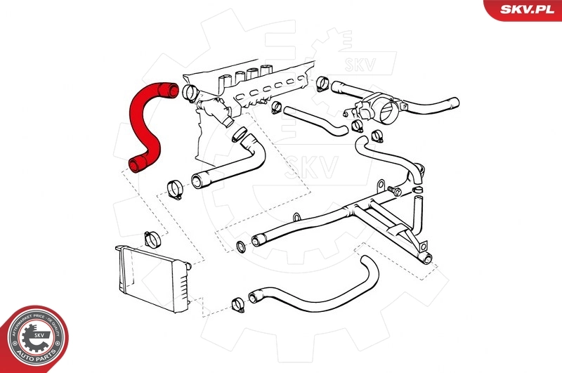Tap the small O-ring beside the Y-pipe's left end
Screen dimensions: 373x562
(240, 246)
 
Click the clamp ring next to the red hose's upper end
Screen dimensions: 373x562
(189, 92)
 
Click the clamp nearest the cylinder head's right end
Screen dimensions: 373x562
(323, 84)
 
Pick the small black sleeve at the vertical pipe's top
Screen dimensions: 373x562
(417, 188)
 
